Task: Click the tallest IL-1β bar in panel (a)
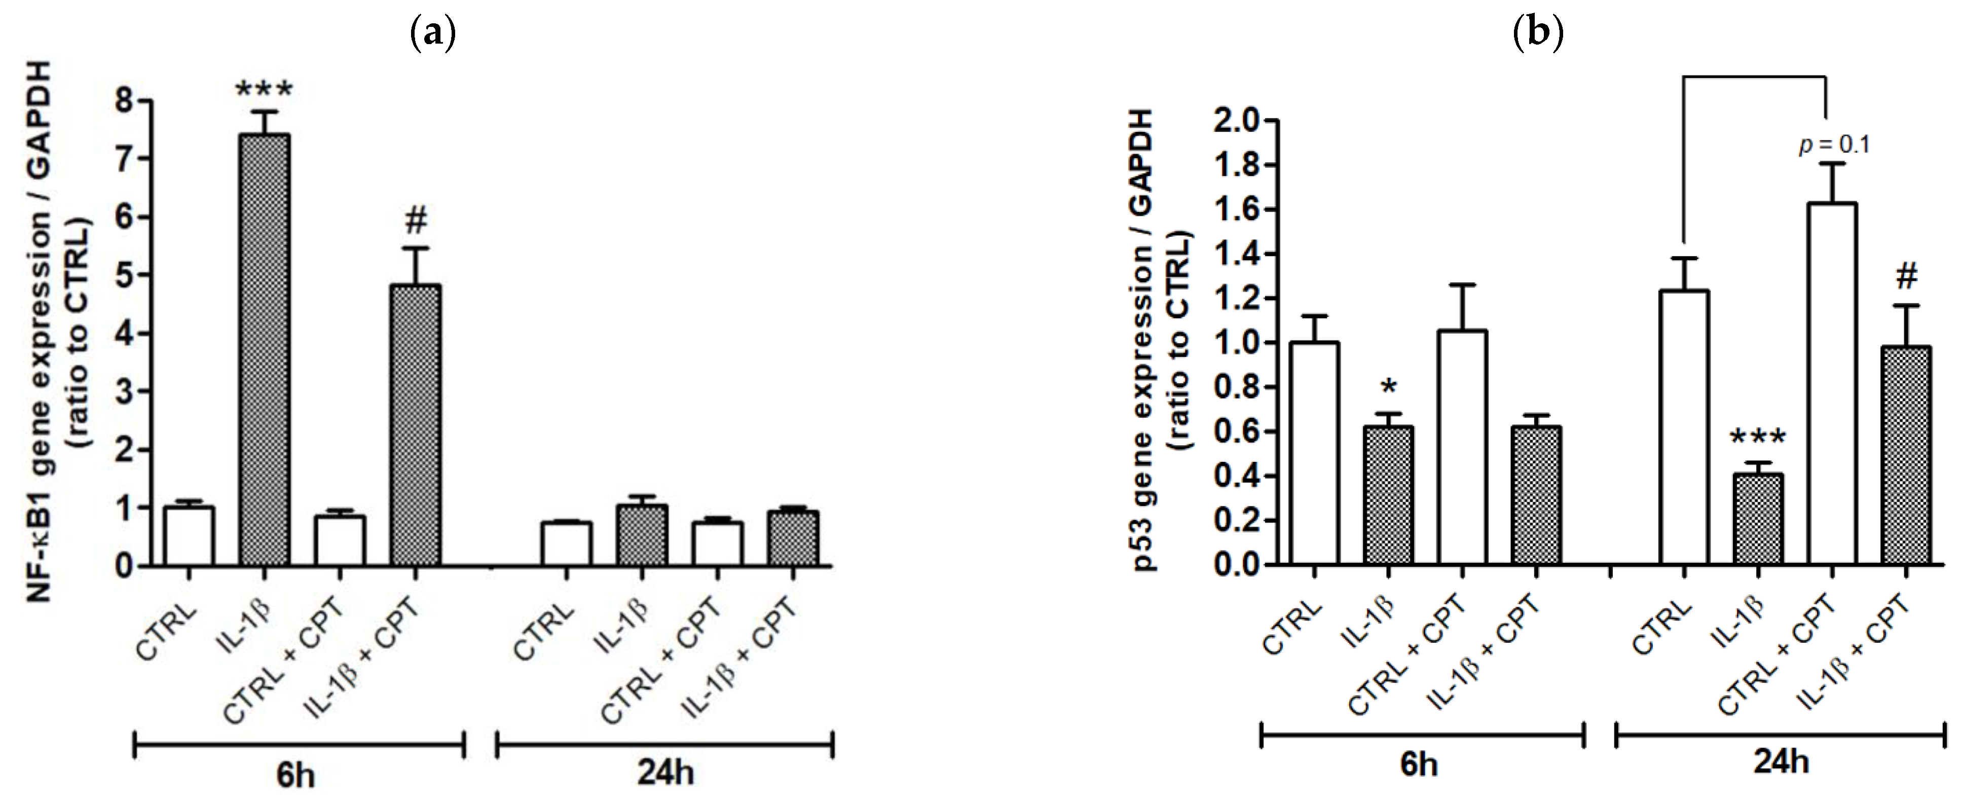[264, 350]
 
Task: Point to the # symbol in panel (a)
[416, 221]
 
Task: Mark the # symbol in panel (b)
[1906, 276]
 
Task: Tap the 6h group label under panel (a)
[296, 775]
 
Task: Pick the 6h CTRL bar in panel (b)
[1315, 454]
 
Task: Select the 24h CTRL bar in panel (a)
[566, 543]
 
